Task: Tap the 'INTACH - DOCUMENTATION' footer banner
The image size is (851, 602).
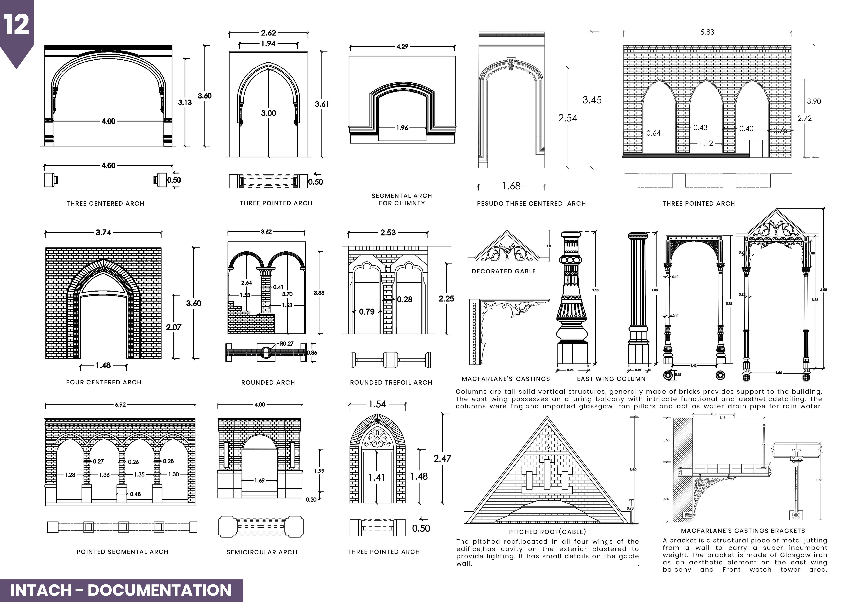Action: tap(121, 590)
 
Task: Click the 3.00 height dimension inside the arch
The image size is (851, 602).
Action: tap(268, 113)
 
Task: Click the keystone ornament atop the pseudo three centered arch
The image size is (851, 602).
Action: tap(512, 63)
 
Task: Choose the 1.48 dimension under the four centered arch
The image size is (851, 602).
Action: tap(103, 366)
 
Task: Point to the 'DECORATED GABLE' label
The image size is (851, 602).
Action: tap(504, 271)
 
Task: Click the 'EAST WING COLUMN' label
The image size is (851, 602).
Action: tap(611, 379)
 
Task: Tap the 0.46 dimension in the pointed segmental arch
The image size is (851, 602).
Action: tap(135, 494)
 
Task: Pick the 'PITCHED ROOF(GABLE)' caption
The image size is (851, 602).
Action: tap(547, 532)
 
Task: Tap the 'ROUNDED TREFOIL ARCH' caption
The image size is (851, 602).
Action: tap(391, 383)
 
